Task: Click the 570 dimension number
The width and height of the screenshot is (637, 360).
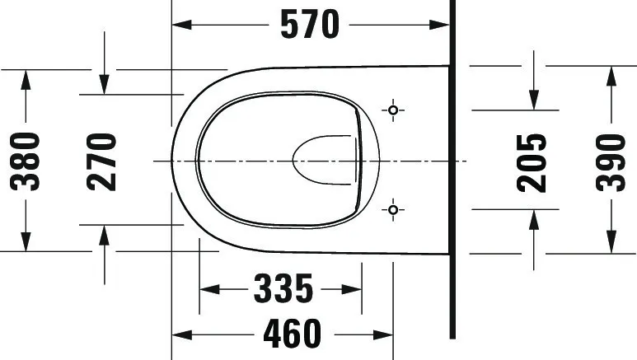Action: pyautogui.click(x=310, y=25)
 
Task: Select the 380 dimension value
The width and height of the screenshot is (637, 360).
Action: pyautogui.click(x=26, y=161)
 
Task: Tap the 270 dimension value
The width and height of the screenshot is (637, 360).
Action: pyautogui.click(x=101, y=161)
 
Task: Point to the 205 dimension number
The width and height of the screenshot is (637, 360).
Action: pyautogui.click(x=532, y=162)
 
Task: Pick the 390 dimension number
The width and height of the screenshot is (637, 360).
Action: pyautogui.click(x=611, y=162)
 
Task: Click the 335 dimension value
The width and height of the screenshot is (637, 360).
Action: pyautogui.click(x=283, y=289)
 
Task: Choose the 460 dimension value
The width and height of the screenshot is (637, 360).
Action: pyautogui.click(x=292, y=334)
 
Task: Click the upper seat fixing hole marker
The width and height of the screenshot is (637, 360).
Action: pyautogui.click(x=393, y=110)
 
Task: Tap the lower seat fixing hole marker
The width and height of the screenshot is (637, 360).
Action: pyautogui.click(x=393, y=210)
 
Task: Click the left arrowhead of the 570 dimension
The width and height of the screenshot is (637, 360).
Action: pyautogui.click(x=181, y=25)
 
